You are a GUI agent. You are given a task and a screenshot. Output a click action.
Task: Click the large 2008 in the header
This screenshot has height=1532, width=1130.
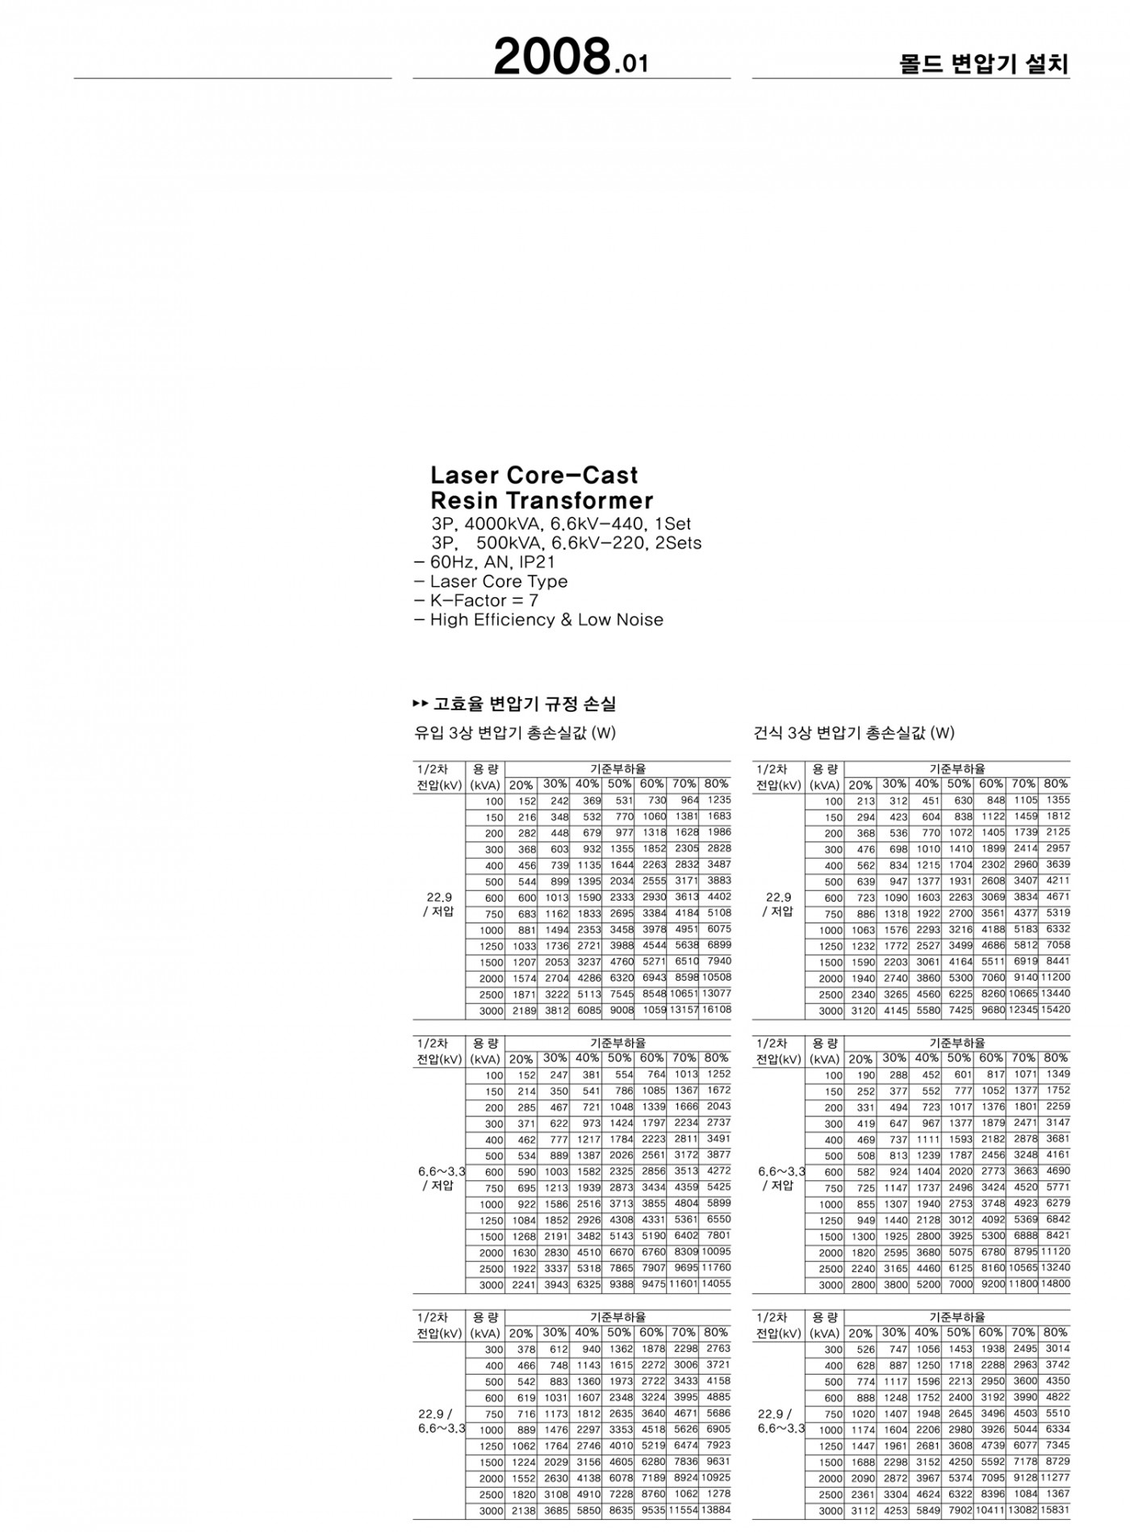pos(551,58)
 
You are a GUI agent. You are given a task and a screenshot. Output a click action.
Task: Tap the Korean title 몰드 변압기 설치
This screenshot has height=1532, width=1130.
pos(984,65)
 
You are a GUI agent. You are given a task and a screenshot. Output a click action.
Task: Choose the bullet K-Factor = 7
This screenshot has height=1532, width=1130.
pos(483,601)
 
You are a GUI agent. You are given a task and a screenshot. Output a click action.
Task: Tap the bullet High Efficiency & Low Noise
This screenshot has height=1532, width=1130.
pos(546,620)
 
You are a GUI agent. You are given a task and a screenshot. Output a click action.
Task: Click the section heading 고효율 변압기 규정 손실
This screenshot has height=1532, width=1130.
pos(524,704)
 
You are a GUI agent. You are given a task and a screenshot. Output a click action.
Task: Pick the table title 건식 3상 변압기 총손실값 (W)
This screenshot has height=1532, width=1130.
pos(853,733)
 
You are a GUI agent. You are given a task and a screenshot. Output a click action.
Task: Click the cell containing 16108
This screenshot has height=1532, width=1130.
pos(716,1010)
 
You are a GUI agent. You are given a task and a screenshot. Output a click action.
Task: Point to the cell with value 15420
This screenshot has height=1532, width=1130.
pos(1055,1010)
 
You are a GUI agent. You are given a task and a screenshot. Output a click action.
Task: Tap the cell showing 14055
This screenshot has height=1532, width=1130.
pos(716,1283)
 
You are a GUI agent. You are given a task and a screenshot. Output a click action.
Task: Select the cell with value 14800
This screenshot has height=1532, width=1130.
pos(1055,1283)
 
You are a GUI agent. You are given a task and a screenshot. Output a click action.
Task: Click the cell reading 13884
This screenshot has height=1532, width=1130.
pos(716,1509)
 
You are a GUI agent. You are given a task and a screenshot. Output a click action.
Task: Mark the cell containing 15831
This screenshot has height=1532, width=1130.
pos(1055,1509)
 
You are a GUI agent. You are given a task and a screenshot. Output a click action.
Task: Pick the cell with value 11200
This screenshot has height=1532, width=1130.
pos(1055,977)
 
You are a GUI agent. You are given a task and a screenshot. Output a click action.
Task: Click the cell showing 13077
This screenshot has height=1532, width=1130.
pos(716,994)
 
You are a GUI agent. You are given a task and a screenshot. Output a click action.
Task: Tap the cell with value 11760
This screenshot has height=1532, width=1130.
pos(716,1267)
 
